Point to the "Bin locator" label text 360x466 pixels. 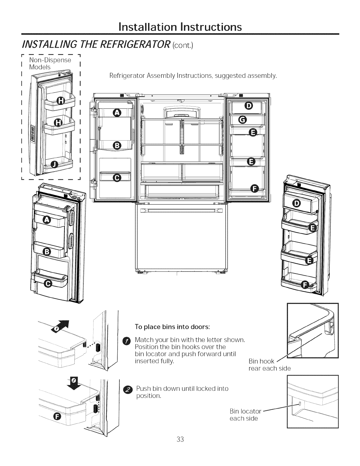245,411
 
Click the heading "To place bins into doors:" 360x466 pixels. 172,327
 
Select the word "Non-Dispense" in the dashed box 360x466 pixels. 50,60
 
